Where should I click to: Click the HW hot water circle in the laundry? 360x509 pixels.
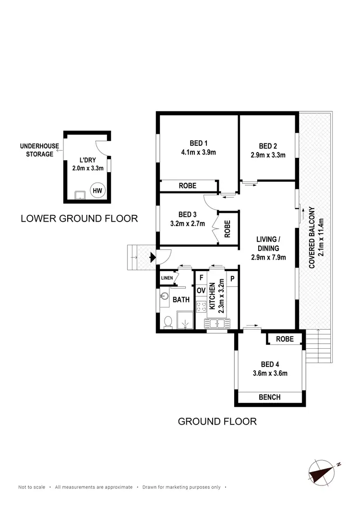click(x=97, y=190)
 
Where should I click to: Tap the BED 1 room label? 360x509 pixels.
click(x=198, y=143)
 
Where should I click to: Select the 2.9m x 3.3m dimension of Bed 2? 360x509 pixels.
click(x=268, y=155)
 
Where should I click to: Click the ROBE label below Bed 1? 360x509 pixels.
click(x=187, y=186)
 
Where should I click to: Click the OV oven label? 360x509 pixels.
click(x=201, y=291)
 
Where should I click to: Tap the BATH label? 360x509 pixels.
click(x=181, y=300)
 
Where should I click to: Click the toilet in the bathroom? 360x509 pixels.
click(x=168, y=322)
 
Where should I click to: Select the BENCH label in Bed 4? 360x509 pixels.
click(x=269, y=397)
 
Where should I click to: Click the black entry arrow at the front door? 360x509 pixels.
click(x=152, y=258)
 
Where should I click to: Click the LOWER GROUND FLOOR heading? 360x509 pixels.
click(x=79, y=219)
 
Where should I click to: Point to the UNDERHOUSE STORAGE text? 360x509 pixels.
click(x=36, y=150)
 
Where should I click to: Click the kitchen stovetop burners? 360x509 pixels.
click(x=201, y=307)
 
